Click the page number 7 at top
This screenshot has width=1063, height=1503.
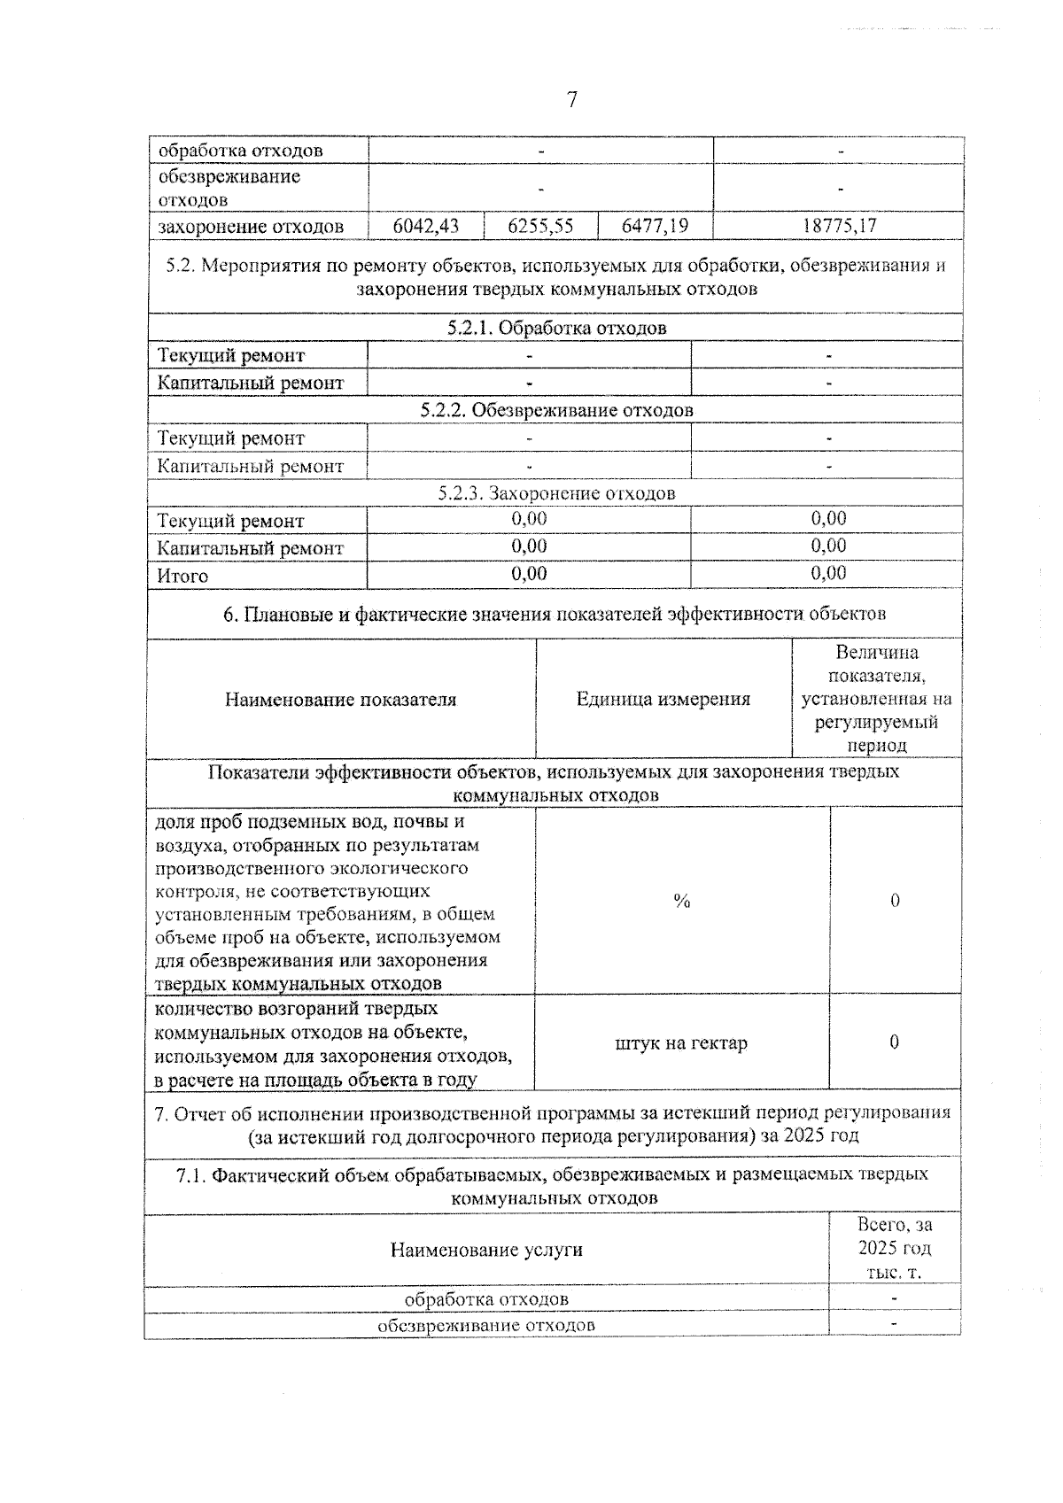click(571, 100)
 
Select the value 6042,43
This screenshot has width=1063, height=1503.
click(426, 226)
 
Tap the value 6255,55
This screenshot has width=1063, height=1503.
click(540, 226)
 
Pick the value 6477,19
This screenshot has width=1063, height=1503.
click(655, 226)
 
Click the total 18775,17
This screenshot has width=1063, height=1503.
click(838, 226)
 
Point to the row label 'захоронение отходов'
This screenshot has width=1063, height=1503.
click(251, 227)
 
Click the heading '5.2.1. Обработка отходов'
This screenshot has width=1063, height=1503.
click(556, 328)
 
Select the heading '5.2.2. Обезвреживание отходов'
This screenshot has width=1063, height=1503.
click(556, 410)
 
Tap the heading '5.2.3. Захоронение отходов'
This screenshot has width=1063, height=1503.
click(556, 492)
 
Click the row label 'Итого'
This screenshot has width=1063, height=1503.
click(182, 576)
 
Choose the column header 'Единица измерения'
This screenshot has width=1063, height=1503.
click(663, 699)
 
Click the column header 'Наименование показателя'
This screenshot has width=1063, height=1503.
click(340, 699)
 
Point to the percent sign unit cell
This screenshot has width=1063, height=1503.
click(681, 901)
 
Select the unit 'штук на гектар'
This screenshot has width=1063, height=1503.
click(680, 1042)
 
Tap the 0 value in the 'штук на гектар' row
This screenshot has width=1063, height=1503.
click(894, 1042)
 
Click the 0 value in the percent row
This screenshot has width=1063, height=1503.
click(895, 901)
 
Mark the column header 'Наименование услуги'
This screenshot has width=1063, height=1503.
click(486, 1250)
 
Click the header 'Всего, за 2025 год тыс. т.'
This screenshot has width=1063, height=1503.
click(895, 1249)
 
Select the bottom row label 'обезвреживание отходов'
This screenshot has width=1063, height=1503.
click(486, 1325)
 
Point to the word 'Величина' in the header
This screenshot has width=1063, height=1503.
click(877, 653)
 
